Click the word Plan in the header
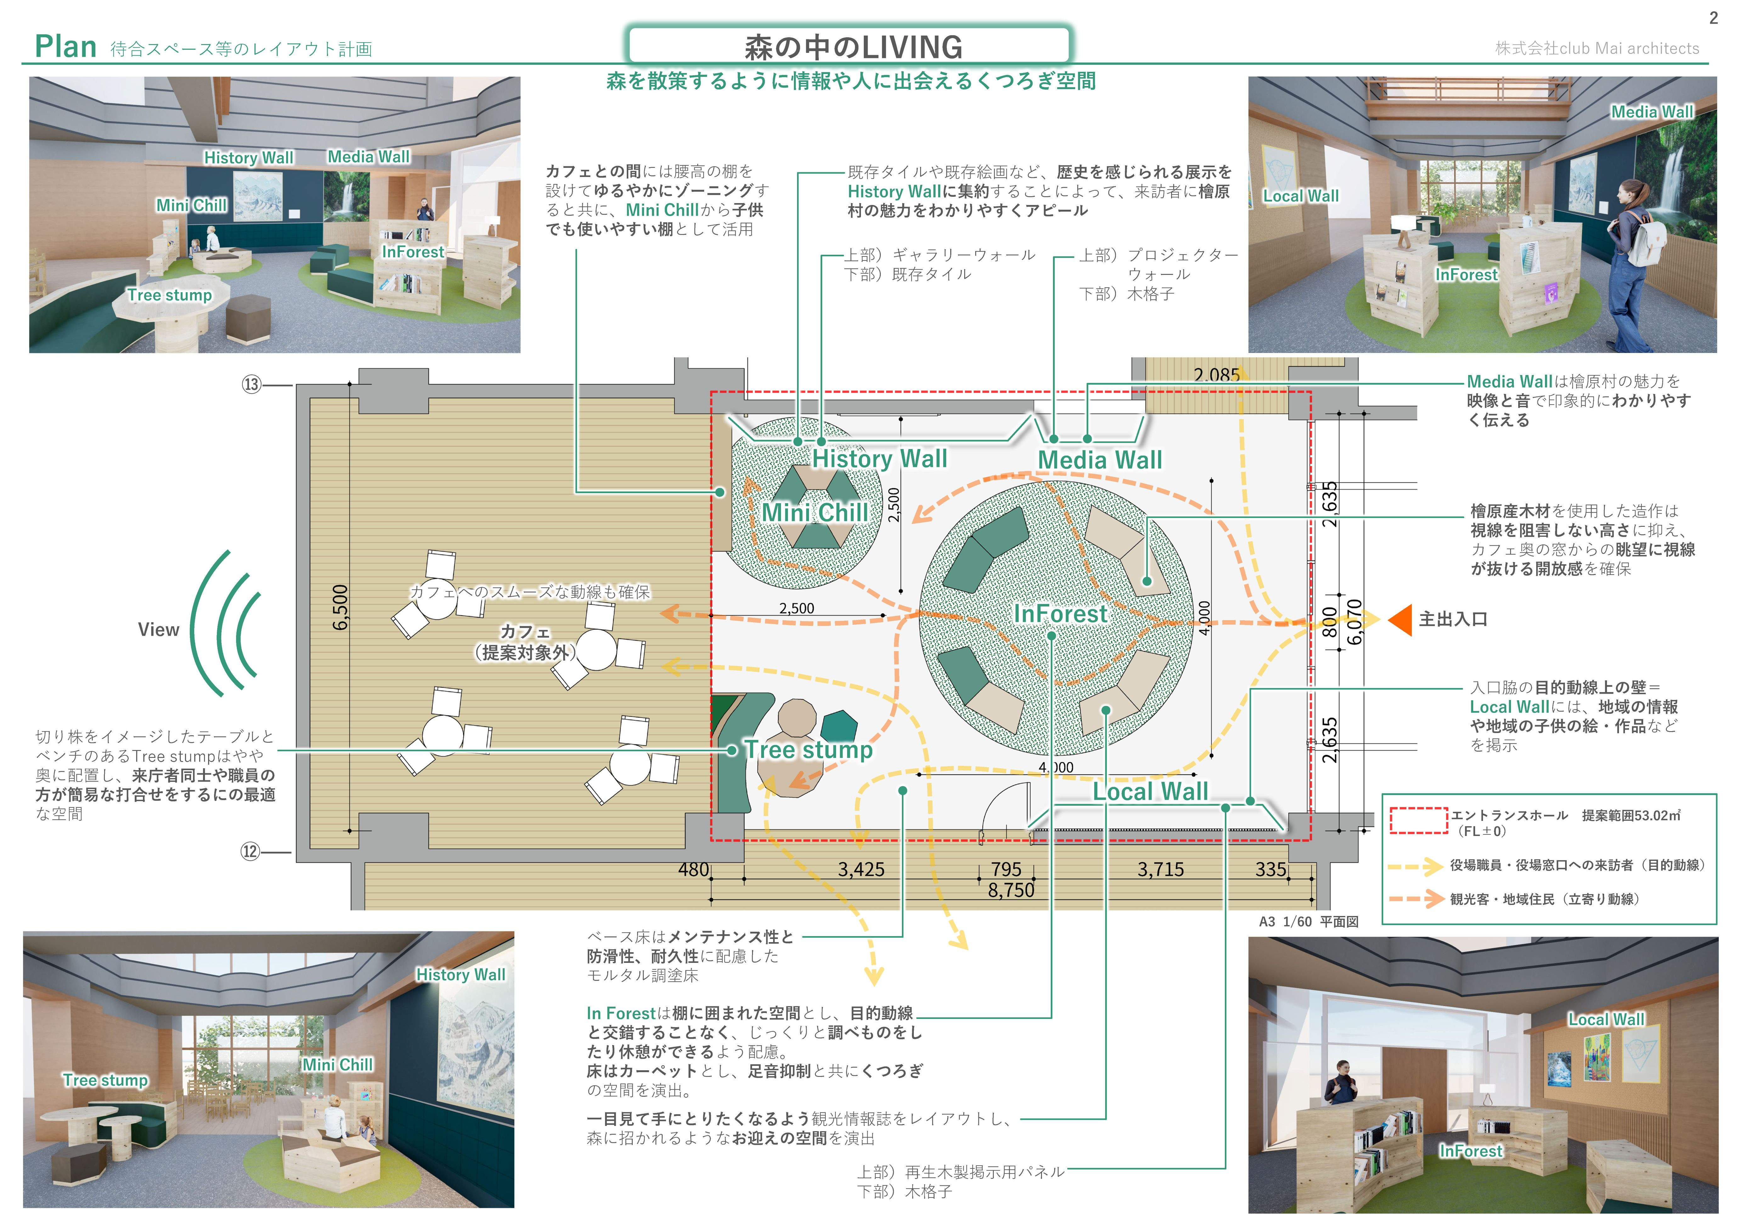tap(66, 47)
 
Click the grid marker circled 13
tap(251, 384)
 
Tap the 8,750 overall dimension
tap(1011, 890)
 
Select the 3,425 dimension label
tap(861, 869)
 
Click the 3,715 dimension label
tap(1161, 869)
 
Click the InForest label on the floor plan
tap(1060, 614)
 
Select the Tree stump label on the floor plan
tap(809, 750)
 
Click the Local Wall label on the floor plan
tap(1150, 791)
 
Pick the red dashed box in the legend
tap(1418, 820)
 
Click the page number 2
tap(1713, 18)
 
